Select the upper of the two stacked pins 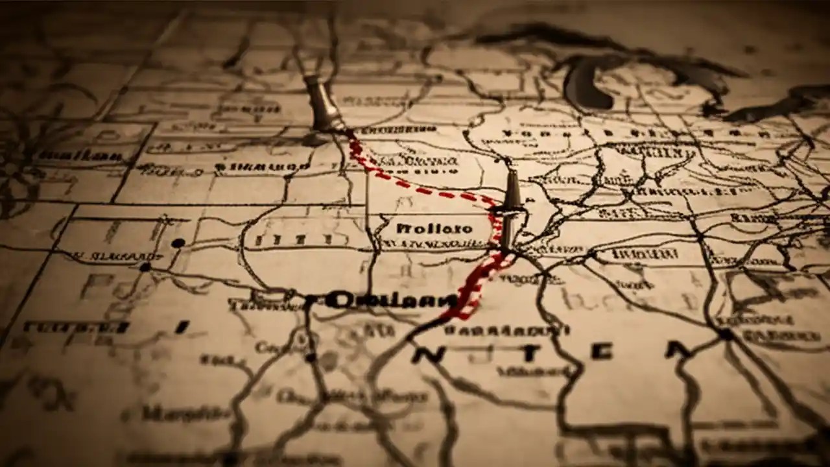512,190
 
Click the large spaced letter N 435,353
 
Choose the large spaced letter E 602,351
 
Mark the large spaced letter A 677,351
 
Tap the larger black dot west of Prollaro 178,243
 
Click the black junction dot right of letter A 725,335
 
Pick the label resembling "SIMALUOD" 263,167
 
